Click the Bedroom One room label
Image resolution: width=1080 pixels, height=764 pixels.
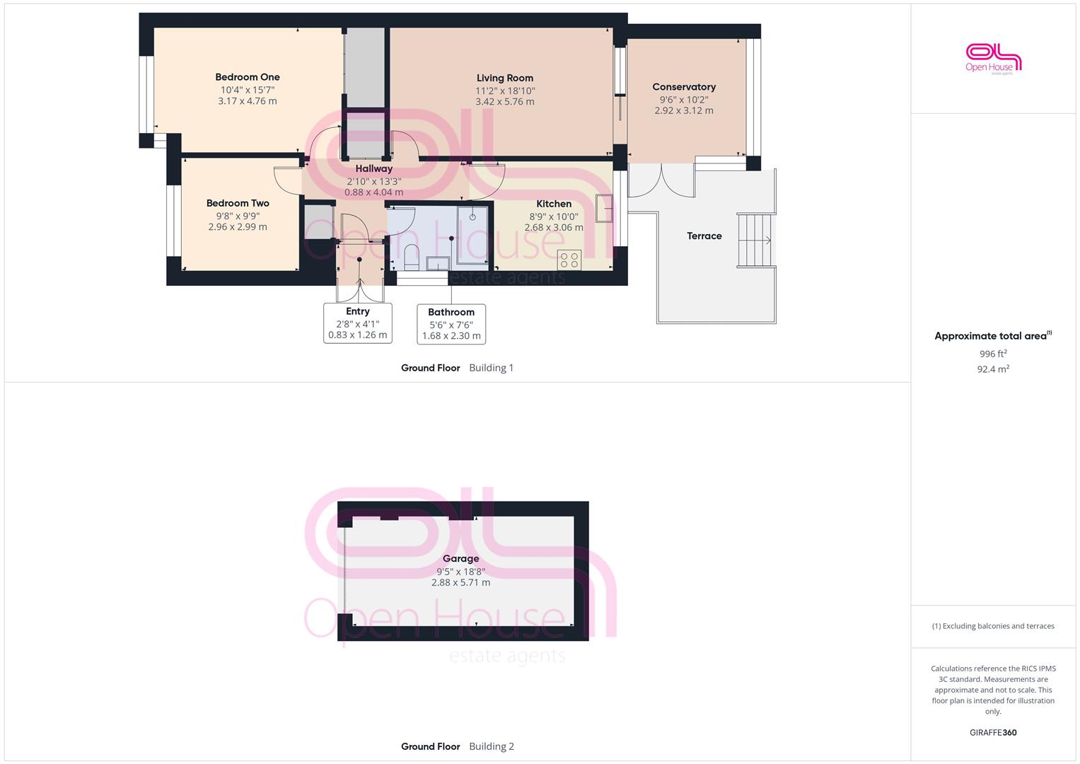(248, 77)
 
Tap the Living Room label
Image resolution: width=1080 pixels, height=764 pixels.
(505, 78)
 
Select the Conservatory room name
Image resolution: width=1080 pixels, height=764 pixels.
(684, 87)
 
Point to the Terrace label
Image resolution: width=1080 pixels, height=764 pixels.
(704, 236)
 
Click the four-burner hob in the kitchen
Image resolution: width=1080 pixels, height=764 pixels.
(569, 260)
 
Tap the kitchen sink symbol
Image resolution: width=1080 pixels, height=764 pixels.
(604, 208)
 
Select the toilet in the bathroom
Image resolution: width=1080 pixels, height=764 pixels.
(411, 257)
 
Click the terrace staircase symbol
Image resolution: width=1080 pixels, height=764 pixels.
(755, 240)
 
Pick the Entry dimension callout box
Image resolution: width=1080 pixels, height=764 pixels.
(358, 323)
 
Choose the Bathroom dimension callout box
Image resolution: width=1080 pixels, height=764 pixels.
(451, 324)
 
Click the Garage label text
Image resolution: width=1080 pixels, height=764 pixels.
(460, 559)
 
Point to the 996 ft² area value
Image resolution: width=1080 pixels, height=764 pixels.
(993, 354)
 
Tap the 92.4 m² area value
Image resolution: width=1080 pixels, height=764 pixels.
(993, 369)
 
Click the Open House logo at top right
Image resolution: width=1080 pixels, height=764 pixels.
(993, 59)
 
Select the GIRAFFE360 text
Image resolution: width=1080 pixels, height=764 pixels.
(993, 733)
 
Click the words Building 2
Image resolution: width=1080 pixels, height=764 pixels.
(492, 746)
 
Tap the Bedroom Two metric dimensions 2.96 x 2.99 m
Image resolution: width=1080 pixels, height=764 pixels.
(238, 226)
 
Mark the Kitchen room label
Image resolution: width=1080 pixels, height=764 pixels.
(554, 204)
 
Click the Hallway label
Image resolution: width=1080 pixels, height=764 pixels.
(373, 169)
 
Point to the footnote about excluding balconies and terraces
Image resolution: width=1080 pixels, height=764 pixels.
(993, 626)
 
